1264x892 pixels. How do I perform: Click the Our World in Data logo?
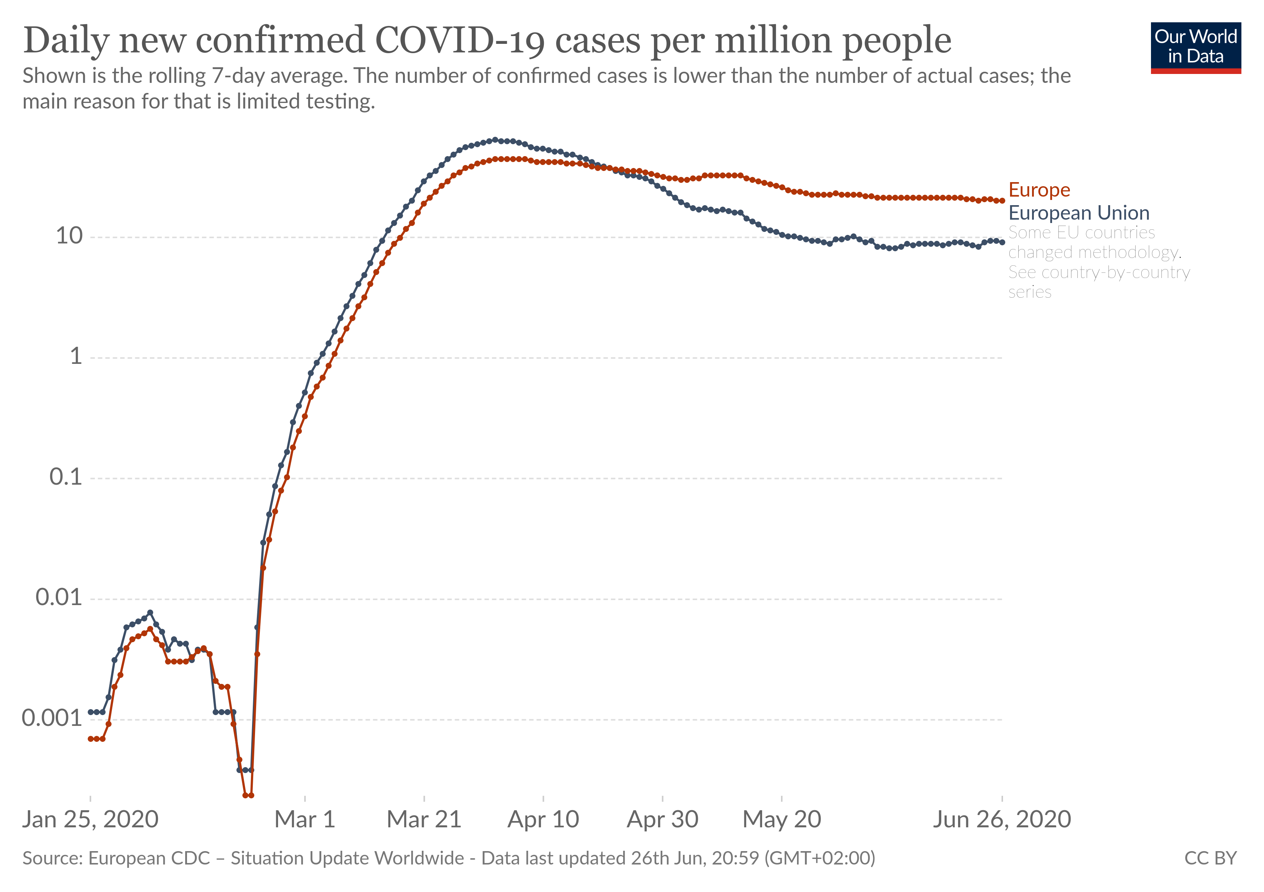1195,47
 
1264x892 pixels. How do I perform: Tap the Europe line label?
1039,190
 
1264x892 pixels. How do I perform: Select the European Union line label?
1078,213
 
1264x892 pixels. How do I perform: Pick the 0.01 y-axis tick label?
58,598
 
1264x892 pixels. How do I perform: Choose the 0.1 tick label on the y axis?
65,477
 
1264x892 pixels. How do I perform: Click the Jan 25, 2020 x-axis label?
90,820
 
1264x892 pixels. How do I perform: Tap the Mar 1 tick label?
305,820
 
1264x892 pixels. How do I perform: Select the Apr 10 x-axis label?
544,820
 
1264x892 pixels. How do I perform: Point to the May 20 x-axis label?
782,820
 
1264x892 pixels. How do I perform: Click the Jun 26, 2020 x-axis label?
1002,820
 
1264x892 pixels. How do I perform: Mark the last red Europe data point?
1002,201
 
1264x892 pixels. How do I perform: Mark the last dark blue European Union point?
1002,242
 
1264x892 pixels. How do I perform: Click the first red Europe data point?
91,739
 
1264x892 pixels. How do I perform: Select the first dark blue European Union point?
91,712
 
